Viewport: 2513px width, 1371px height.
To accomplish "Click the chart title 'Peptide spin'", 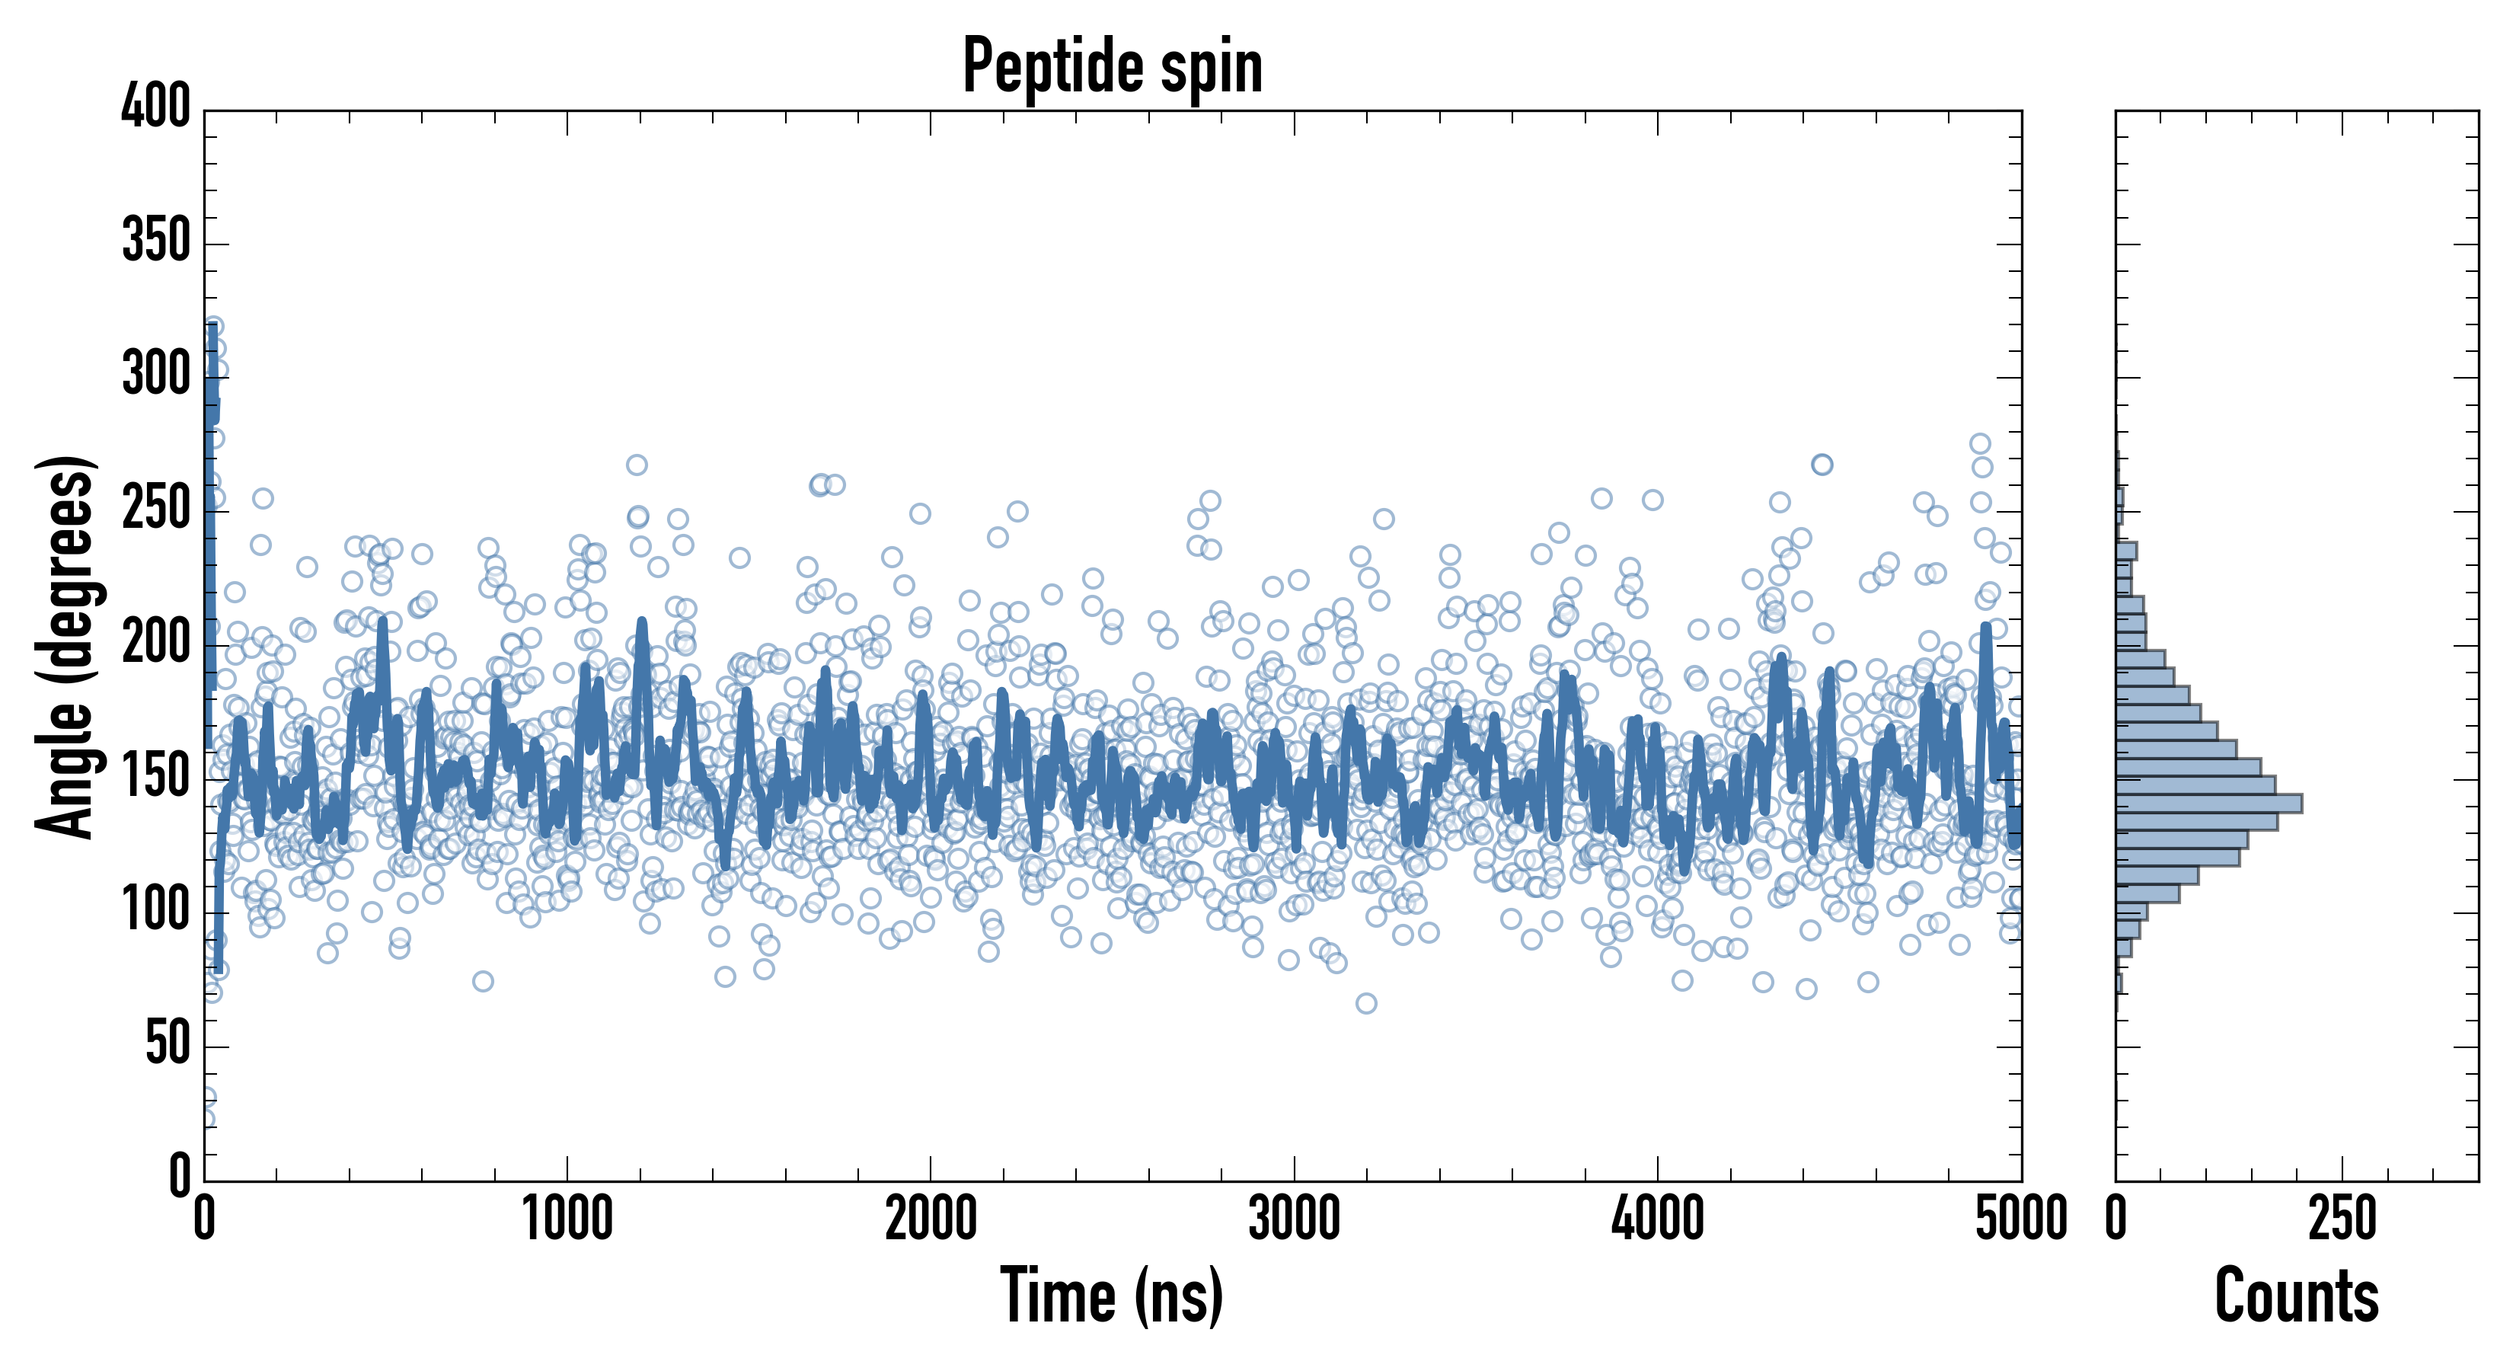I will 1112,66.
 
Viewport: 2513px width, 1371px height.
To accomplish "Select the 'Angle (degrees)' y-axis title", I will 65,645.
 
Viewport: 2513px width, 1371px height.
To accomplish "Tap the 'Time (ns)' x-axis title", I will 1111,1295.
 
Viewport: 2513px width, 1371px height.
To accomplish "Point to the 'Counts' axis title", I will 2297,1295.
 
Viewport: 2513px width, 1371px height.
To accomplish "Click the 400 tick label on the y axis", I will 156,107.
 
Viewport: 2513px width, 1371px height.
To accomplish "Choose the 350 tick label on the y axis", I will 156,240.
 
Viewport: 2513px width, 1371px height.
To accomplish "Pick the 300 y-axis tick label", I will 156,374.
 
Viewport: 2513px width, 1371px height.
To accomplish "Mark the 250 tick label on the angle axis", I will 156,508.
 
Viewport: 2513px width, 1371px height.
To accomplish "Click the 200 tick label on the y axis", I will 156,643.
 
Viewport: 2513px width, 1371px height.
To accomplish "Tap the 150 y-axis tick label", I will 156,777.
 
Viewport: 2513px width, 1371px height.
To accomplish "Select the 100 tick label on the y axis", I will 156,910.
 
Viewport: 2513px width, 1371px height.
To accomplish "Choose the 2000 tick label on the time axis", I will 931,1219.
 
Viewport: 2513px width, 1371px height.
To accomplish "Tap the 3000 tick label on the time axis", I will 1295,1219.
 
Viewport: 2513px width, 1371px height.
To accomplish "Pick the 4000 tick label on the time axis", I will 1658,1219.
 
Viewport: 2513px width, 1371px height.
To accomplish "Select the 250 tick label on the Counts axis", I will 2342,1219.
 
